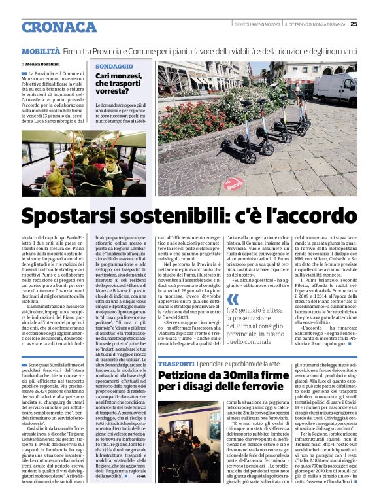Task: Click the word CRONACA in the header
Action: [x=59, y=27]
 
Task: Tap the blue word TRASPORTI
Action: [x=176, y=362]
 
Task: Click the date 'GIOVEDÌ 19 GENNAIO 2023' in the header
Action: [x=257, y=24]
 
